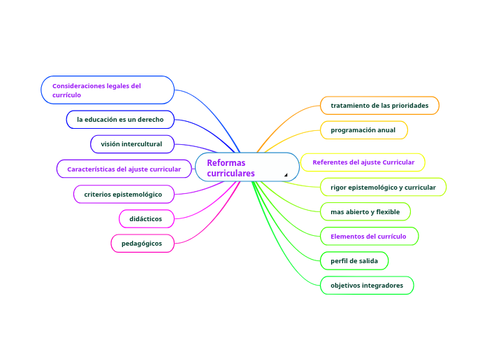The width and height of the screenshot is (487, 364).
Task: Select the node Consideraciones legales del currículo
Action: (x=108, y=90)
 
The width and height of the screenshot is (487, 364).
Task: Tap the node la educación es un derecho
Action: (x=120, y=120)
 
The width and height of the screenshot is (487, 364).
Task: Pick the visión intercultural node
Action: (x=131, y=144)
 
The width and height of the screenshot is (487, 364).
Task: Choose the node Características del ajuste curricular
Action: (x=124, y=169)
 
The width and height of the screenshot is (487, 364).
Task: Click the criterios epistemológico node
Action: (x=123, y=194)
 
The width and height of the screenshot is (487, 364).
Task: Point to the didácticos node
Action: (x=146, y=219)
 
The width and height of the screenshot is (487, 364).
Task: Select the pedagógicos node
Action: (x=142, y=244)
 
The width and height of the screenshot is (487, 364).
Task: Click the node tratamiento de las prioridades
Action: (x=379, y=106)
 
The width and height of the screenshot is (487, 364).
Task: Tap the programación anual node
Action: (x=363, y=130)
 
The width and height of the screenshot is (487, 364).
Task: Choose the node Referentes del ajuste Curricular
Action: (x=363, y=162)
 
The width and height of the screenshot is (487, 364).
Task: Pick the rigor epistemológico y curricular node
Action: (x=383, y=187)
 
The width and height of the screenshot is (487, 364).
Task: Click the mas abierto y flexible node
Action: (x=365, y=211)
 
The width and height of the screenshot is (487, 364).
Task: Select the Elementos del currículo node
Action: (x=368, y=237)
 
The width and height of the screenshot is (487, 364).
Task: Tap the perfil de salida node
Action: (x=354, y=261)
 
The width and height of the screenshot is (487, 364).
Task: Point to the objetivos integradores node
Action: (x=367, y=286)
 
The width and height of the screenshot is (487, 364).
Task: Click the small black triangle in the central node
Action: (x=286, y=174)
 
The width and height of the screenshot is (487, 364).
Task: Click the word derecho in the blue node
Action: (x=151, y=120)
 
